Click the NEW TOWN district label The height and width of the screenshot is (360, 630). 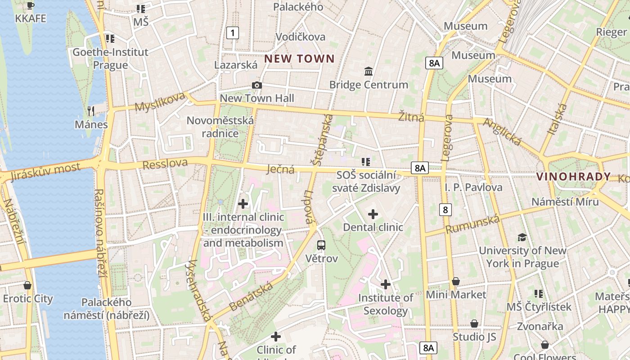point(299,58)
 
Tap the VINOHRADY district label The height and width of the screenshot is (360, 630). point(573,176)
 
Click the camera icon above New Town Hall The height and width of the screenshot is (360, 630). point(256,85)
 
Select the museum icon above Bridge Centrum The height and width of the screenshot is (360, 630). point(369,71)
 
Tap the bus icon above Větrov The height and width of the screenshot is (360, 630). point(321,245)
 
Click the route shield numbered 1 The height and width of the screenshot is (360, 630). point(232,32)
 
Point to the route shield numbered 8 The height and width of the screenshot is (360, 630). point(445,209)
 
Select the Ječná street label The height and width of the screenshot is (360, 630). point(280,169)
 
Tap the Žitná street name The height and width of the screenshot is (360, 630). point(411,117)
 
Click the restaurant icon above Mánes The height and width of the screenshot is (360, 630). point(91,111)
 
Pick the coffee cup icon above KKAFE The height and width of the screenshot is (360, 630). point(30,5)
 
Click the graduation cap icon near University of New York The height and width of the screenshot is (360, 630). point(522,237)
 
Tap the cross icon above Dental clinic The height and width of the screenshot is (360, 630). point(373,214)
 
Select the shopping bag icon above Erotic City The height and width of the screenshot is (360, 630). point(27,285)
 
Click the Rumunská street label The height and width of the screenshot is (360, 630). point(472,224)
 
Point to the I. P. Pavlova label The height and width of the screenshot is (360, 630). point(473,187)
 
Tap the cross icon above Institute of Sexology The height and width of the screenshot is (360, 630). point(385,284)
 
